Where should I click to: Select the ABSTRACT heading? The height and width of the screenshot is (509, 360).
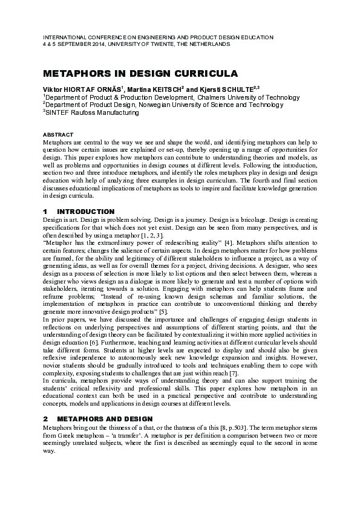click(58, 134)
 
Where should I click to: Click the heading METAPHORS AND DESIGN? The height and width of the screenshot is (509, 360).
click(106, 418)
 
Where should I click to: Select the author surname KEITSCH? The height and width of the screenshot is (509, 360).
click(180, 89)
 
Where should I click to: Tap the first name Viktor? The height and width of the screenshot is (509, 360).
click(53, 89)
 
